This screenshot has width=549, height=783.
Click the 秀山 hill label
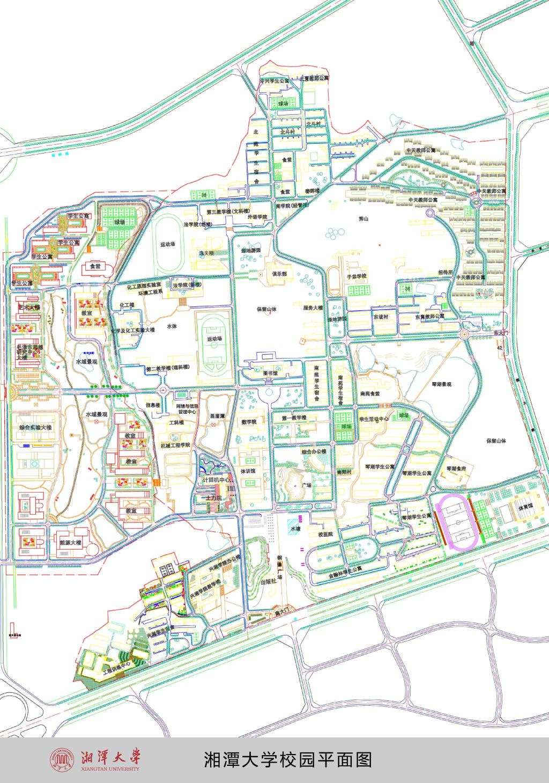point(366,219)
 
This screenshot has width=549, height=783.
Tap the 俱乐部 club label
point(279,273)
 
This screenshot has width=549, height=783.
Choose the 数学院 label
point(249,422)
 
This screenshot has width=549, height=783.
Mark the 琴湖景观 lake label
point(441,385)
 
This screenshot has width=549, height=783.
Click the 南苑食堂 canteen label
point(370,393)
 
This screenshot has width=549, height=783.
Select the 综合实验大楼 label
point(35,428)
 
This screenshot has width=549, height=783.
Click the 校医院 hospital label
point(325,535)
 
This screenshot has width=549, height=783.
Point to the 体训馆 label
point(247,471)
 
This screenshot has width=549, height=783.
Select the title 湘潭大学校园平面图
point(288,759)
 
